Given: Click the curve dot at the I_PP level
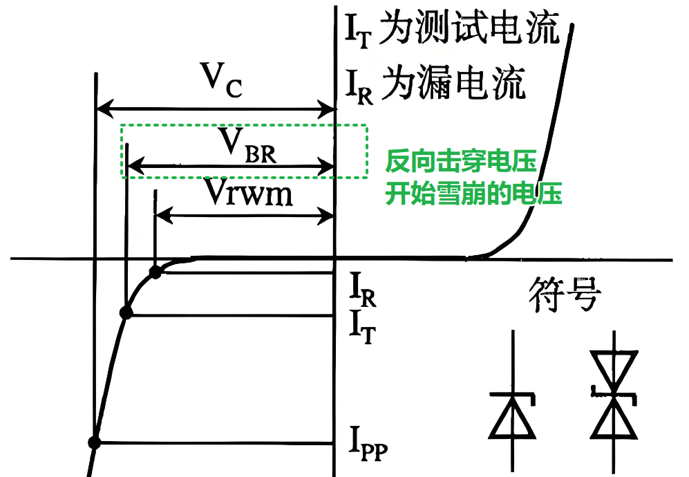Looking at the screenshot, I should [x=95, y=442].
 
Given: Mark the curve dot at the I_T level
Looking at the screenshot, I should [x=126, y=313].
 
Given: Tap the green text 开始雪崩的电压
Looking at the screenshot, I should [x=473, y=193].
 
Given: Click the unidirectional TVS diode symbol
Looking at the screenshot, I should [x=512, y=407].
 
